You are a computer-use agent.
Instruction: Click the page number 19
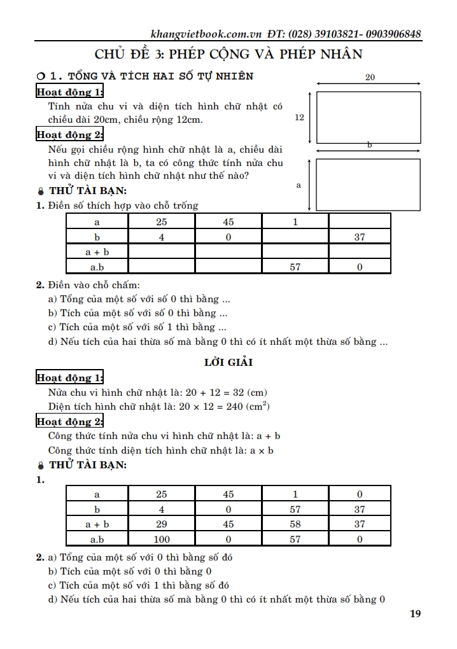(415, 614)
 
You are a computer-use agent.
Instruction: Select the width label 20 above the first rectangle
(369, 77)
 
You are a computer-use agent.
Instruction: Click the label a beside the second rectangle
(299, 185)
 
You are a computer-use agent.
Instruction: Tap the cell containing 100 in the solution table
(162, 540)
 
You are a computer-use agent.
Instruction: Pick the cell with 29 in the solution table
(162, 524)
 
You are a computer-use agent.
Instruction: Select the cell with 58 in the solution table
(295, 524)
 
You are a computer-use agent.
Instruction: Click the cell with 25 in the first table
(162, 222)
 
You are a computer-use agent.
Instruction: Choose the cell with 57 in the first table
(295, 267)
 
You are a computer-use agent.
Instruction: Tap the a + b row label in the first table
(97, 252)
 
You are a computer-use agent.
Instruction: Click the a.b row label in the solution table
(97, 540)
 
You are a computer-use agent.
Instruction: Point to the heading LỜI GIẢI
(228, 363)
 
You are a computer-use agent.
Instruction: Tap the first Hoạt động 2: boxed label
(69, 134)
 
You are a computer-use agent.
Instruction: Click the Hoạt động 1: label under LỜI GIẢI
(69, 378)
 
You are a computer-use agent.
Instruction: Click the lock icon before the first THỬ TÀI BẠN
(41, 191)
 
